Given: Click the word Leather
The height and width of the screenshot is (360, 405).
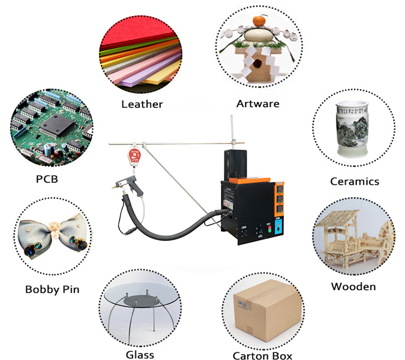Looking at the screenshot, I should tap(142, 104).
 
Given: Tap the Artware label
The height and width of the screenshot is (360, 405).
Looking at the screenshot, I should tap(258, 104).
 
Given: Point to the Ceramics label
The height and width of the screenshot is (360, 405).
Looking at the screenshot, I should tap(355, 181).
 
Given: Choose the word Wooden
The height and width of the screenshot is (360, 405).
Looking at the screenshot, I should tap(353, 287).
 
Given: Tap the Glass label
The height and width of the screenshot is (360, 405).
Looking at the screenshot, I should tap(139, 354).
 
